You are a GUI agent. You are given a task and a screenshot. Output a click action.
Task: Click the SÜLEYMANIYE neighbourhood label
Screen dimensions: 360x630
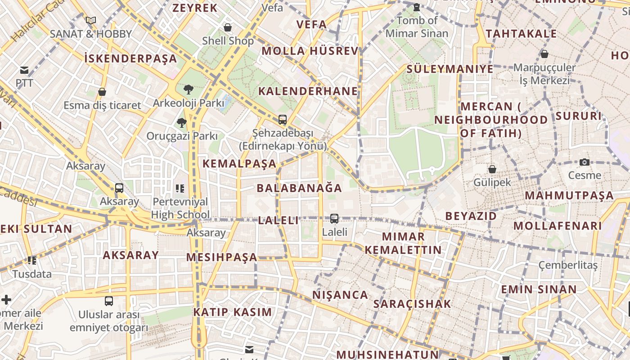coord(450,69)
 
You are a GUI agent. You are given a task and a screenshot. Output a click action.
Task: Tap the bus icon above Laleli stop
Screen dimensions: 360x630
coord(334,219)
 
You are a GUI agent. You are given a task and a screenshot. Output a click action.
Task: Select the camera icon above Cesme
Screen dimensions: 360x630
coord(585,162)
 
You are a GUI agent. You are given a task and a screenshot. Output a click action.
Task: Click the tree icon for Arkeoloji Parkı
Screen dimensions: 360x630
coord(189,90)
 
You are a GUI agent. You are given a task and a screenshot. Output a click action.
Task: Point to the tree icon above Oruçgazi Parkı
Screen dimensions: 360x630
coord(182,122)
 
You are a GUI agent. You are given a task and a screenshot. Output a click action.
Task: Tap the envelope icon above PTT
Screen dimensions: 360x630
coord(24,70)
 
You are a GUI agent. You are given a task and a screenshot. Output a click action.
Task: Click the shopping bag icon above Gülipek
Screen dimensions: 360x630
coord(492,169)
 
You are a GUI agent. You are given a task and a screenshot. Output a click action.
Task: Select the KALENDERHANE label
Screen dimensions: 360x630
coord(308,91)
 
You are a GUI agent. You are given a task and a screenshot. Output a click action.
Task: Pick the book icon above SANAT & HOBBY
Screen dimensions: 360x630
coord(91,20)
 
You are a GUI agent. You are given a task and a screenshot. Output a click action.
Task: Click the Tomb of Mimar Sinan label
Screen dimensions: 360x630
coord(417,27)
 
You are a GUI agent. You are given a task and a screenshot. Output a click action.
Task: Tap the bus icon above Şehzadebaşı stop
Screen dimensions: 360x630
coord(283,120)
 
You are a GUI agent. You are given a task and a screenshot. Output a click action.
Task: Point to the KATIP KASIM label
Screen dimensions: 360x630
coord(233,312)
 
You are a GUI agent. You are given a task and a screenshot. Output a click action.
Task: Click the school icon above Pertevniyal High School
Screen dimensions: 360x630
coord(180,188)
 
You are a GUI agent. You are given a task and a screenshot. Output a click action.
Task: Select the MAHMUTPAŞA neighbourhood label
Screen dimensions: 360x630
coord(569,195)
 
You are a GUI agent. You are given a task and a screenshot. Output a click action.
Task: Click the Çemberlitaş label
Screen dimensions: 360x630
coord(568,265)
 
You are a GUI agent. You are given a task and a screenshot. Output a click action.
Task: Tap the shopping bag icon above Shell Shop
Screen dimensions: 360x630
coord(228,27)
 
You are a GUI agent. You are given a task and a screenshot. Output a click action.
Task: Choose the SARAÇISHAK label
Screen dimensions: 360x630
coord(412,304)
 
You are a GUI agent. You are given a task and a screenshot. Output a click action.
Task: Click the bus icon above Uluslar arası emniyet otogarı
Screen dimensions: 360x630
coord(109,301)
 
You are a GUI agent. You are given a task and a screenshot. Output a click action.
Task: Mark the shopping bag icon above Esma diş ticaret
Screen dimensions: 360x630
coord(102,92)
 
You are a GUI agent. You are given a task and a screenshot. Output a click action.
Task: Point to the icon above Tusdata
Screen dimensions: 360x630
coord(32,260)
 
